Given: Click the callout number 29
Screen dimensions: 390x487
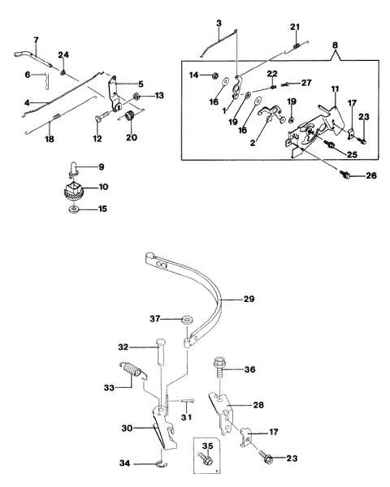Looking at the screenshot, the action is click(249, 299).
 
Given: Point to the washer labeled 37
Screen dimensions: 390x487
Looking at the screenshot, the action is click(187, 320).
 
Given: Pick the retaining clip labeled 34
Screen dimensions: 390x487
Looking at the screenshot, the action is click(162, 464).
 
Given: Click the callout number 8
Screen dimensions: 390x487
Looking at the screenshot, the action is click(335, 45).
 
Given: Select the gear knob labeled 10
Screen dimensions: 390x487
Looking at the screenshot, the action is click(74, 190).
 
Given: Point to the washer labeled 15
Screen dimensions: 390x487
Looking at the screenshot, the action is click(74, 209).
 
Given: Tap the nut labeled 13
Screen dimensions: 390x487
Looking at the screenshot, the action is click(136, 96).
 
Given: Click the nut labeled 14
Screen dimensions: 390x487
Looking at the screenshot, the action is click(214, 75).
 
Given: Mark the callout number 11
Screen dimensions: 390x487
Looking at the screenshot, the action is click(335, 89).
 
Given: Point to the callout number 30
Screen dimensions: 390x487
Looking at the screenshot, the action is click(128, 428).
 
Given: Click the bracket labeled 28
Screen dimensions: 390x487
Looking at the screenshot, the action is click(223, 412).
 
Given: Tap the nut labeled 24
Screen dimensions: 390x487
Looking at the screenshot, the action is click(63, 73).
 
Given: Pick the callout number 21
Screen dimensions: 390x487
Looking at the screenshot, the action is click(295, 27).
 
